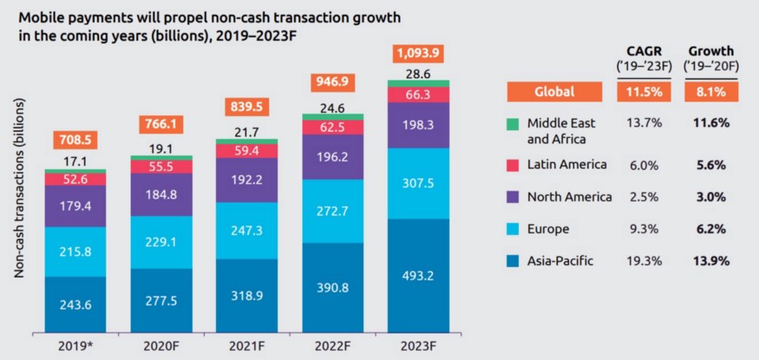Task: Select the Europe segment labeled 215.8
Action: click(x=75, y=252)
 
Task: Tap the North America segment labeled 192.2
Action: click(x=246, y=180)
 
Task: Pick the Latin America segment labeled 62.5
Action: click(x=333, y=127)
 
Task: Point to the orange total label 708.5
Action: click(x=75, y=138)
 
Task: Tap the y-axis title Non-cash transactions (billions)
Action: click(x=18, y=187)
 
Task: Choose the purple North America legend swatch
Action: click(x=514, y=197)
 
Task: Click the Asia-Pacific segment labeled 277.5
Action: click(x=160, y=299)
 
